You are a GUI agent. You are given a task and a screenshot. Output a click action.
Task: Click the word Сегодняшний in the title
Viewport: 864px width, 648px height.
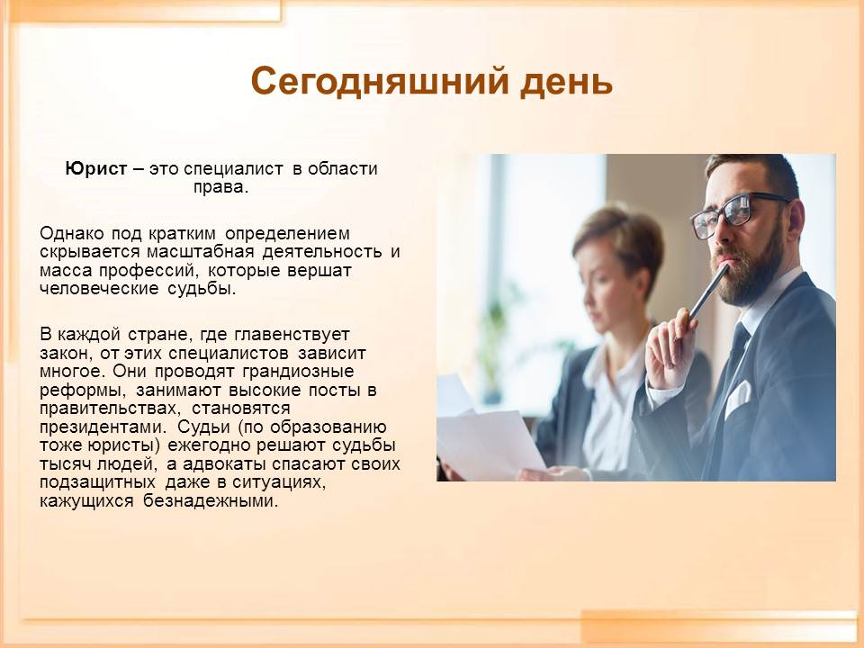coord(380,81)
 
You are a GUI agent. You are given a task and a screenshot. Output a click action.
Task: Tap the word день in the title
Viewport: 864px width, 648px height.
coord(566,83)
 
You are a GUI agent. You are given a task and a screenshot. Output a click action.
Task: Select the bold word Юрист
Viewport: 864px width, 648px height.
coord(96,168)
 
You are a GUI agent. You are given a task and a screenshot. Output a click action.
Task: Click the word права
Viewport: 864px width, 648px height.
coord(220,187)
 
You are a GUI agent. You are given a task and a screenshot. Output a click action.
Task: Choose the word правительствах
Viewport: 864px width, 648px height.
coord(110,409)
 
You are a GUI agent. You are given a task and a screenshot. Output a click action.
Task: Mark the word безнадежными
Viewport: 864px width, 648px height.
coord(211,500)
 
